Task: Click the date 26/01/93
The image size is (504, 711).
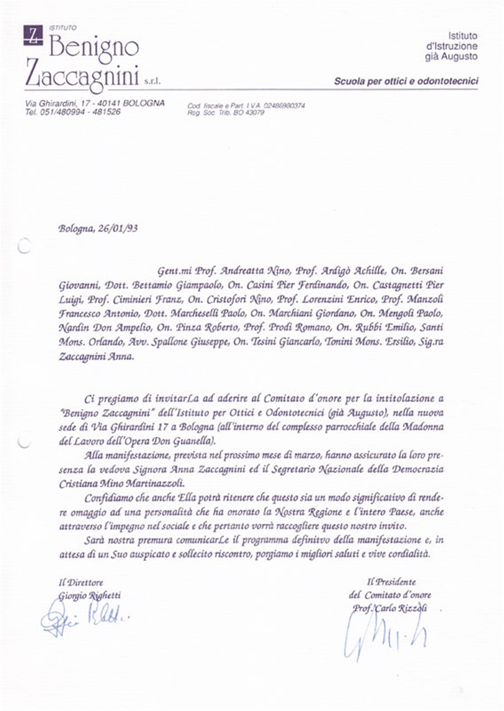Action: coord(118,229)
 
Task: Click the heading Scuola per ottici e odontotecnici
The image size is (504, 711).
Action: coord(406,81)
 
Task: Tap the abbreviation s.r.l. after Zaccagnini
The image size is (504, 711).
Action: coord(152,82)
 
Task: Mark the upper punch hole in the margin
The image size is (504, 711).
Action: coord(24,246)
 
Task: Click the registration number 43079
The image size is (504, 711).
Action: coord(254,112)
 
